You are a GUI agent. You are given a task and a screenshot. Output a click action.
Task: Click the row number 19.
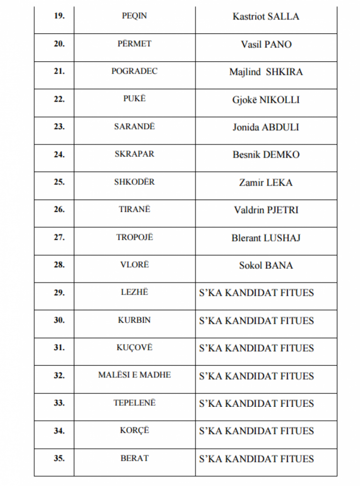coord(59,16)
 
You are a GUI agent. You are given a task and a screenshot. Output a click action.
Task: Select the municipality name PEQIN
coord(134,16)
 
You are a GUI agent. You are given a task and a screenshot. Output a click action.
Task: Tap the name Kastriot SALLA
coord(266,17)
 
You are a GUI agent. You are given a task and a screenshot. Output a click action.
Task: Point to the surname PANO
coord(278,45)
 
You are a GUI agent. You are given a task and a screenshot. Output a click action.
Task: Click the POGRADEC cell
coord(134,71)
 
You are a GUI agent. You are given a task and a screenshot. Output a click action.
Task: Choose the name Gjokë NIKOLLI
coord(266,100)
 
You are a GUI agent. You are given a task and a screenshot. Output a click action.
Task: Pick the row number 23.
coord(59,127)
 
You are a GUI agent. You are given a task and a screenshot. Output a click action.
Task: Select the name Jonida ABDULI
coord(266,127)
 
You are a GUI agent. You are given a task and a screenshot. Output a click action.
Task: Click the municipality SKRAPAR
coord(134,154)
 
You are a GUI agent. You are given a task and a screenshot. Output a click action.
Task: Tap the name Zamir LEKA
coord(266,182)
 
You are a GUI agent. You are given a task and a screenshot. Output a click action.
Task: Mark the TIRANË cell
coord(134,209)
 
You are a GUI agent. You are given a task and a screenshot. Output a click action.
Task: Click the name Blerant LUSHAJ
coord(266,238)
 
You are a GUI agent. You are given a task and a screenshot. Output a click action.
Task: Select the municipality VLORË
coord(134,265)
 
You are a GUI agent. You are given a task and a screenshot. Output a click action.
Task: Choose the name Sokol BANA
coord(266,265)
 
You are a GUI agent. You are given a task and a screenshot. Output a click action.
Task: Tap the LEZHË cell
coord(134,292)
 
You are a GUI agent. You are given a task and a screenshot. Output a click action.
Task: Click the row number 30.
coord(59,320)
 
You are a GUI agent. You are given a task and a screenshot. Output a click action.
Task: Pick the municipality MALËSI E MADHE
coord(134,375)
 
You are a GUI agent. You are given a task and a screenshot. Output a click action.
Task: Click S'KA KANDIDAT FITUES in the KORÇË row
coord(256,431)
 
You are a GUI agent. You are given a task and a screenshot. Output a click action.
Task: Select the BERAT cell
coord(134,458)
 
